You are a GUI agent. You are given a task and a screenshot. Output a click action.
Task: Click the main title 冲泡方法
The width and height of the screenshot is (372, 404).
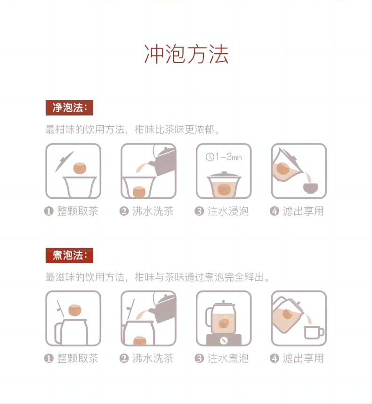click(186, 54)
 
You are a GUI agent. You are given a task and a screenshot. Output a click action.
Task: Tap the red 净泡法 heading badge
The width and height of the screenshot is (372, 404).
click(69, 108)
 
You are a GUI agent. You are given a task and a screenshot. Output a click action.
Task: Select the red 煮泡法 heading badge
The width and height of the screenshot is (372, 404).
click(69, 255)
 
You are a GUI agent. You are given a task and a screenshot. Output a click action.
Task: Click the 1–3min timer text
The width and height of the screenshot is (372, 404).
click(228, 157)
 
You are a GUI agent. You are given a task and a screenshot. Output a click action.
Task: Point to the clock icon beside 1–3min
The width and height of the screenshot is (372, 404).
click(210, 157)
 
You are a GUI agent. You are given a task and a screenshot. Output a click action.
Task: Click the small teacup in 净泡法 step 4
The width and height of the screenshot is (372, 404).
click(310, 188)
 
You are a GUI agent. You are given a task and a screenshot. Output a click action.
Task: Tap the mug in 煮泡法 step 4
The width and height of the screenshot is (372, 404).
click(314, 332)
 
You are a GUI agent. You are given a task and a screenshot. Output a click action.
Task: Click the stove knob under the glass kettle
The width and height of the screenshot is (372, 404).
click(224, 340)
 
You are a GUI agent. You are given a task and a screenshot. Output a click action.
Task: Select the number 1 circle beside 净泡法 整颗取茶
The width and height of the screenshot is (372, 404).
click(49, 211)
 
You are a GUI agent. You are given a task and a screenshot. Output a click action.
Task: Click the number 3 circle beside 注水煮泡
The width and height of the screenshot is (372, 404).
click(199, 358)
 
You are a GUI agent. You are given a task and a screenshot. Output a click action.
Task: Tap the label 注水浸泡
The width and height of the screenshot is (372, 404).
click(228, 211)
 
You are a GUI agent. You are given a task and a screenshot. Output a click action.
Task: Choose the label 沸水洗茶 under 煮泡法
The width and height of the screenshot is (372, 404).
click(153, 358)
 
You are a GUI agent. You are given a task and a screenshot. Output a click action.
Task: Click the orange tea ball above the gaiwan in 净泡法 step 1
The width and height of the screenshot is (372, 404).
click(80, 168)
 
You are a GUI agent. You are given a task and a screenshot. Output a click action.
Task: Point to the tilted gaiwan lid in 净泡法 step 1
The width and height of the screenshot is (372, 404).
click(64, 162)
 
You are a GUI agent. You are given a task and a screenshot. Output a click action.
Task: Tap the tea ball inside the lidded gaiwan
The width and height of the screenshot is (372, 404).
click(224, 189)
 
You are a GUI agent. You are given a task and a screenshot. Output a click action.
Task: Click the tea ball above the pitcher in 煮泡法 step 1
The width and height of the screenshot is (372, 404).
click(75, 310)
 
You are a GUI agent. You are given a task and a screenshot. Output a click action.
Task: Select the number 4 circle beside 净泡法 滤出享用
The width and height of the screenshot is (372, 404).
click(275, 211)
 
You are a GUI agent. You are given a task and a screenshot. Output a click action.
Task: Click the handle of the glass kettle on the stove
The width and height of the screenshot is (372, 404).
click(209, 317)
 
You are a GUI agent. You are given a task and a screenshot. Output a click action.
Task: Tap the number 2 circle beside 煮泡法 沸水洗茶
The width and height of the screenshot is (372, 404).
click(124, 358)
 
